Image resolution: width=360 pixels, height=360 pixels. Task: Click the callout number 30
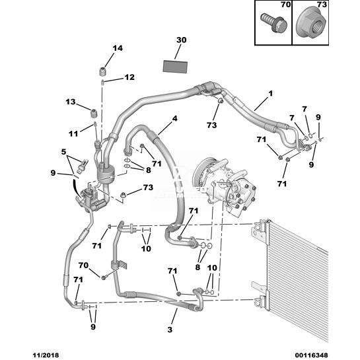tap(182, 40)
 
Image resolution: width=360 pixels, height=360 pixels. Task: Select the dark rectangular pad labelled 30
tap(175, 67)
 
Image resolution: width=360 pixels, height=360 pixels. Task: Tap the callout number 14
tap(118, 48)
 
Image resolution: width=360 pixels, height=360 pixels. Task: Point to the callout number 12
tap(129, 77)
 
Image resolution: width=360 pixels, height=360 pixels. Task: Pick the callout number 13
tap(71, 102)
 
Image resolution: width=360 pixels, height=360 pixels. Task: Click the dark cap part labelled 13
tap(94, 114)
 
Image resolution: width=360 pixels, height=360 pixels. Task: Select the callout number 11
tap(74, 133)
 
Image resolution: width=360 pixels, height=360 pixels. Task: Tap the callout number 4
tap(175, 119)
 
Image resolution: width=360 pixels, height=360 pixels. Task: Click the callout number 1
tap(271, 94)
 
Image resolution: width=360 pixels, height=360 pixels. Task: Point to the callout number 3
tap(170, 330)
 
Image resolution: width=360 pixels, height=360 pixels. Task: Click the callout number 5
tap(63, 152)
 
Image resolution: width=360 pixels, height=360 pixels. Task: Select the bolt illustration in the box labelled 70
tap(274, 23)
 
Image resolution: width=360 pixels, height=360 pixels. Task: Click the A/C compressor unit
tap(224, 184)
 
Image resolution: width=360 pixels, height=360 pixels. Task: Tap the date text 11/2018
tap(46, 355)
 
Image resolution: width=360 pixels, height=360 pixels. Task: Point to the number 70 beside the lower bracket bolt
tap(83, 265)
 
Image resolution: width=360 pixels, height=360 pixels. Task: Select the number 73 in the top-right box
tap(322, 5)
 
